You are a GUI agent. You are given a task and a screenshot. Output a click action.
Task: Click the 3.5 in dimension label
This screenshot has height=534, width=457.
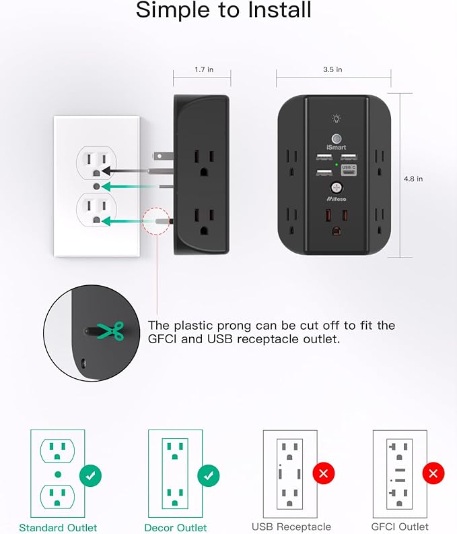(x=333, y=69)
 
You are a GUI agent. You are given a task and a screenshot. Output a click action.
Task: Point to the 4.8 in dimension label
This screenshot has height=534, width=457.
(x=413, y=179)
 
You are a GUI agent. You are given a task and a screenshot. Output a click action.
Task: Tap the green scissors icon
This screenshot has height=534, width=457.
(x=109, y=330)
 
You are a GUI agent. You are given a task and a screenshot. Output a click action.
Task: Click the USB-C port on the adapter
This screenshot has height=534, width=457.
(x=349, y=168)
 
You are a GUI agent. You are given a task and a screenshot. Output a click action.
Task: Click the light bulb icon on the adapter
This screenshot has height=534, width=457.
(x=336, y=119)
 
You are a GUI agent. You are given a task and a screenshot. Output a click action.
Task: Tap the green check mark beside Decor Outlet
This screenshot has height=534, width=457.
(x=209, y=475)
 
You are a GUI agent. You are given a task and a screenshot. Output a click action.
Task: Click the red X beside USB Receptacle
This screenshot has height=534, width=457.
(x=323, y=474)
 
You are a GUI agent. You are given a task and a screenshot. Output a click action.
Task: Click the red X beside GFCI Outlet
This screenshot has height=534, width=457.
(x=433, y=474)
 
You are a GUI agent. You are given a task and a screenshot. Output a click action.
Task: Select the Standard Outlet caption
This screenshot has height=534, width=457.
(x=58, y=527)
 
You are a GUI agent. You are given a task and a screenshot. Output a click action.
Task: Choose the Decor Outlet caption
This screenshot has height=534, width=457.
(x=176, y=527)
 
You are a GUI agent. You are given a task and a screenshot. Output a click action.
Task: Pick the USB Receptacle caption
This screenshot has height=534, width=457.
(x=291, y=527)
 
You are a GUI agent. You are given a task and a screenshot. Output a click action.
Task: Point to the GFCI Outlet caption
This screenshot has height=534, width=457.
(x=400, y=527)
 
